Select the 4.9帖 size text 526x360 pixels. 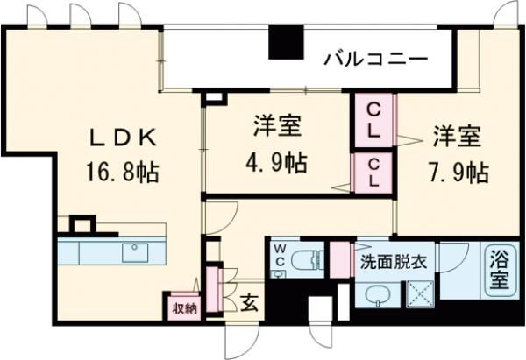pyautogui.click(x=275, y=163)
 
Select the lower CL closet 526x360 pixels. pyautogui.click(x=373, y=172)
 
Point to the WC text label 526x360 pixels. pyautogui.click(x=277, y=260)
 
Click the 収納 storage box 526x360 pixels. pyautogui.click(x=184, y=307)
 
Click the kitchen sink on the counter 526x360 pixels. pyautogui.click(x=136, y=253)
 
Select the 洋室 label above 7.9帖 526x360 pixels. pyautogui.click(x=456, y=137)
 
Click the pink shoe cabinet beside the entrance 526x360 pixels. pyautogui.click(x=211, y=282)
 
